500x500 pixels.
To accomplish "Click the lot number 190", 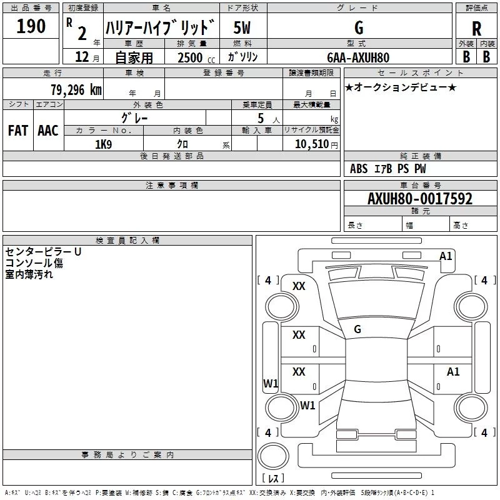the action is [x=31, y=26].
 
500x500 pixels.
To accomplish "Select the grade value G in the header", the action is [x=358, y=27].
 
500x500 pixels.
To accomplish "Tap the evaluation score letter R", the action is [x=476, y=28].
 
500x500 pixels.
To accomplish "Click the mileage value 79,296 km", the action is [x=76, y=89].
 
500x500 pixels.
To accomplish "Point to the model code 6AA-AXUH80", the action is [x=358, y=57].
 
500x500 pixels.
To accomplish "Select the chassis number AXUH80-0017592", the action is [x=419, y=199].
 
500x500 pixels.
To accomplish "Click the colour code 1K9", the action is [x=103, y=144].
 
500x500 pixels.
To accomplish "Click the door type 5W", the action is [x=242, y=27].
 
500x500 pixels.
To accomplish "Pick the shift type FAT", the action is [x=17, y=131].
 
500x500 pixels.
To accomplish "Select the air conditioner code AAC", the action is [x=47, y=131].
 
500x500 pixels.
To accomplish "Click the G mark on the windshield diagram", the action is [x=357, y=329].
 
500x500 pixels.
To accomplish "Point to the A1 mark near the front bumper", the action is [x=446, y=256].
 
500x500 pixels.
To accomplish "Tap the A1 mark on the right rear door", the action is [x=453, y=372].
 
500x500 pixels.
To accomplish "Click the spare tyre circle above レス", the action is [x=272, y=456].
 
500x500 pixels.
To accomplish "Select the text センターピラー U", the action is [x=43, y=251].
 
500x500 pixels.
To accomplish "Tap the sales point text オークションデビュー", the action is [x=401, y=87].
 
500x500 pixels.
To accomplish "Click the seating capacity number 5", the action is [x=260, y=118].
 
